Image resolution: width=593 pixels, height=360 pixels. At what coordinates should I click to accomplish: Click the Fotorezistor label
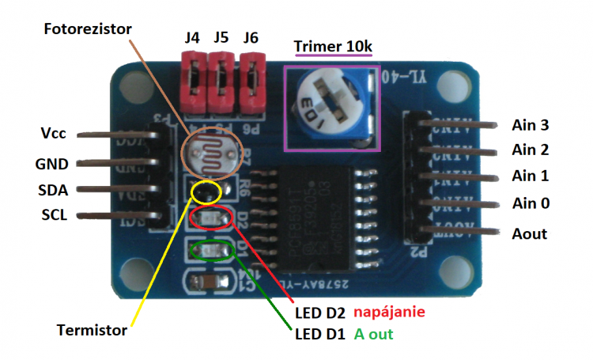pyautogui.click(x=88, y=29)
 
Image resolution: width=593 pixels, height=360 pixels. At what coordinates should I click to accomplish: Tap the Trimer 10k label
pyautogui.click(x=332, y=46)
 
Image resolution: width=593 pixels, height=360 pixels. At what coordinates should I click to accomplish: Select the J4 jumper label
pyautogui.click(x=192, y=37)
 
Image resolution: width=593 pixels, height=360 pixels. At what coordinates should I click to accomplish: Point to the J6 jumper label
pyautogui.click(x=251, y=37)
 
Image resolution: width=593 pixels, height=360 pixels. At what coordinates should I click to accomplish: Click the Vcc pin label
pyautogui.click(x=53, y=133)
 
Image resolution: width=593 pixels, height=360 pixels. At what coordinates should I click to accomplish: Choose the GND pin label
pyautogui.click(x=54, y=164)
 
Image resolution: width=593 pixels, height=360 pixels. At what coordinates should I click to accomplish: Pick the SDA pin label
pyautogui.click(x=54, y=190)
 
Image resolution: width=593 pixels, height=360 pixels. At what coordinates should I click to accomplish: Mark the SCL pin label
pyautogui.click(x=54, y=215)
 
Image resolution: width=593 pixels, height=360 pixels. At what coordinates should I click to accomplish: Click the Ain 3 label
pyautogui.click(x=530, y=125)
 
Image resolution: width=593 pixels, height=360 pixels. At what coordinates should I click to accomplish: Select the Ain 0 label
pyautogui.click(x=530, y=203)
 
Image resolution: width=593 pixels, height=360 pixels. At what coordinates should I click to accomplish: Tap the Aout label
pyautogui.click(x=529, y=233)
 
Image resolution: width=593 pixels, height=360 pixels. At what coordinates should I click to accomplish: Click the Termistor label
pyautogui.click(x=92, y=330)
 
